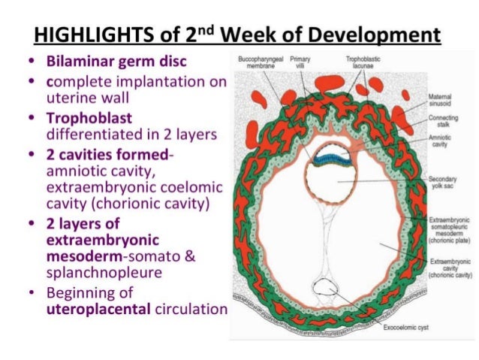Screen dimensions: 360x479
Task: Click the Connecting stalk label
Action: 441,122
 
